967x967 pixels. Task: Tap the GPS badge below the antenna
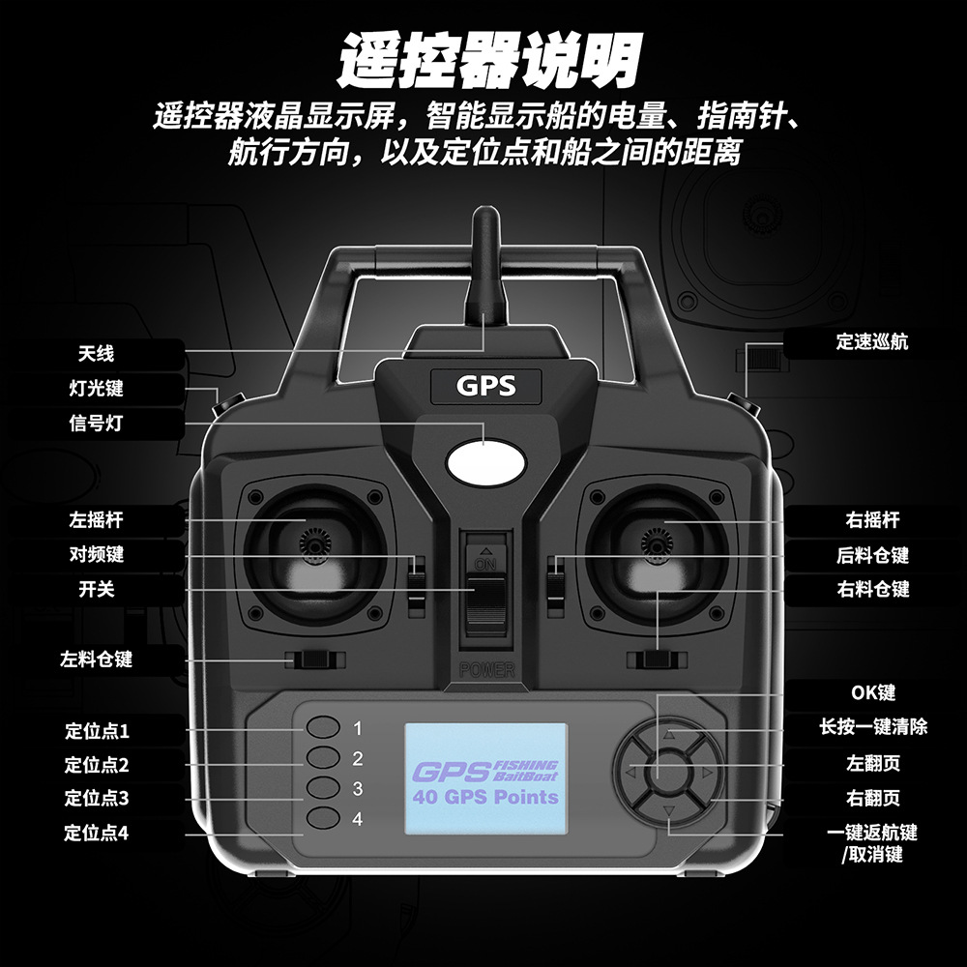pos(485,387)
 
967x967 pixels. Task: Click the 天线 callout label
pos(97,354)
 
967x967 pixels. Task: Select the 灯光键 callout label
pos(97,389)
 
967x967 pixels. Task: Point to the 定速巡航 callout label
pos(871,341)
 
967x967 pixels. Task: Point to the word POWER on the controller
pos(486,669)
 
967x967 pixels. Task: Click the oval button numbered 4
pos(325,820)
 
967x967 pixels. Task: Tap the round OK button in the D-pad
pos(667,774)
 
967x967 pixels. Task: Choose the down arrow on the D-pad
pos(667,810)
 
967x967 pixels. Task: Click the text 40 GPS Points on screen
pos(485,798)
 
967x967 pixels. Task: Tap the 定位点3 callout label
pos(97,799)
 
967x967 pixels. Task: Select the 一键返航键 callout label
pos(871,833)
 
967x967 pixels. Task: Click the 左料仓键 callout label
pos(97,660)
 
